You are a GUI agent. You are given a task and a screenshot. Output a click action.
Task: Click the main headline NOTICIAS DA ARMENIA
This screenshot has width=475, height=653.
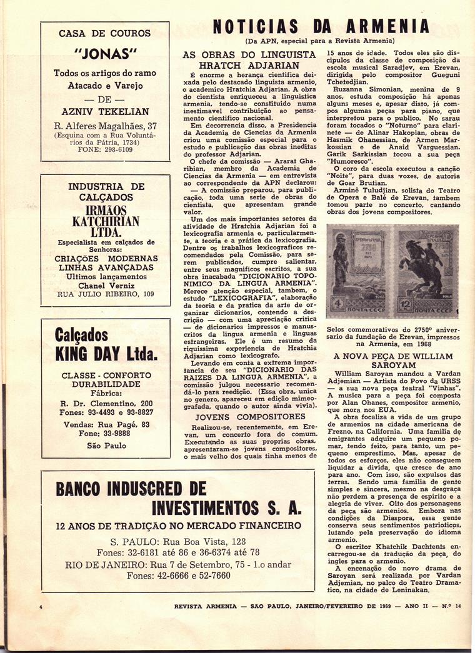click(321, 26)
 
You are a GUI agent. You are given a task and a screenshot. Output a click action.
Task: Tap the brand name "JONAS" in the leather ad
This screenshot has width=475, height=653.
click(105, 52)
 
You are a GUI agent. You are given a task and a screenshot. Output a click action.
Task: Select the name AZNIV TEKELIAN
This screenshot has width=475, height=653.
click(105, 111)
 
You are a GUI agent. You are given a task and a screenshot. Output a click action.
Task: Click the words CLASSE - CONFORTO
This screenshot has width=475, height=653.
click(106, 376)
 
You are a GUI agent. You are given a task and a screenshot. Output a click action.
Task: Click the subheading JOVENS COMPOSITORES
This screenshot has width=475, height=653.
click(249, 416)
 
